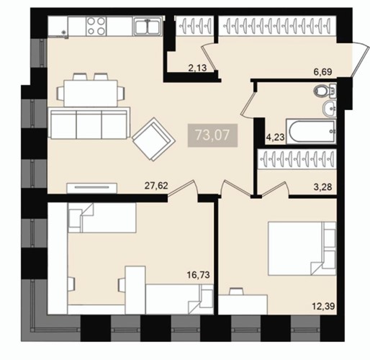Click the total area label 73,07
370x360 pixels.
click(x=212, y=135)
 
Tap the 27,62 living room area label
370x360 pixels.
click(x=156, y=186)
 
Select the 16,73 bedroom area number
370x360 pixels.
click(x=198, y=274)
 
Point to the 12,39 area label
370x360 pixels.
click(x=323, y=306)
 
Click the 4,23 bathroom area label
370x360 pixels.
click(x=276, y=138)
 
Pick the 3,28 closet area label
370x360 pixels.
click(x=323, y=186)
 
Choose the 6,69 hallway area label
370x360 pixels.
click(x=323, y=72)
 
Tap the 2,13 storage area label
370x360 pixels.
click(x=197, y=68)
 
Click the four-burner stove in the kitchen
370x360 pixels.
click(x=96, y=26)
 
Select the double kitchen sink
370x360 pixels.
click(x=148, y=26)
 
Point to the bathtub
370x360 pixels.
click(x=311, y=132)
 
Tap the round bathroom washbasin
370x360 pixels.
click(x=330, y=109)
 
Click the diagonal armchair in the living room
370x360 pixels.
click(x=153, y=139)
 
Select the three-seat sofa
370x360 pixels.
click(x=89, y=123)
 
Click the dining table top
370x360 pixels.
click(x=91, y=93)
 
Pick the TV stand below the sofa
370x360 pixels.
click(x=92, y=188)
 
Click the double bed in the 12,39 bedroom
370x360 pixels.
click(x=302, y=248)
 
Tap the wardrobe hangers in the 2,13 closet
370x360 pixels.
click(x=194, y=26)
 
